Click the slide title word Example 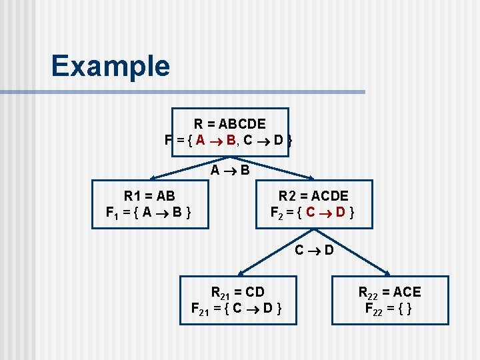tap(110, 66)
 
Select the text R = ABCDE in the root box tap(229, 124)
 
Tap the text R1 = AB tap(149, 196)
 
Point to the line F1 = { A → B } tap(149, 213)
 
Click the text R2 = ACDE tap(313, 196)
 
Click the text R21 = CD tap(237, 292)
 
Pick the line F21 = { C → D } tap(237, 309)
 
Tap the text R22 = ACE tap(390, 292)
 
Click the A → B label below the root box tap(230, 170)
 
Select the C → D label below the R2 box tap(314, 251)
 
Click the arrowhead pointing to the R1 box tap(153, 178)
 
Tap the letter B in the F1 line tap(177, 213)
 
